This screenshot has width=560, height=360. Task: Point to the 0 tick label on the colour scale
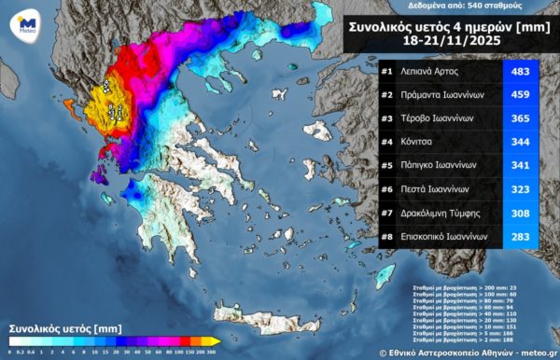[x=9, y=352]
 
